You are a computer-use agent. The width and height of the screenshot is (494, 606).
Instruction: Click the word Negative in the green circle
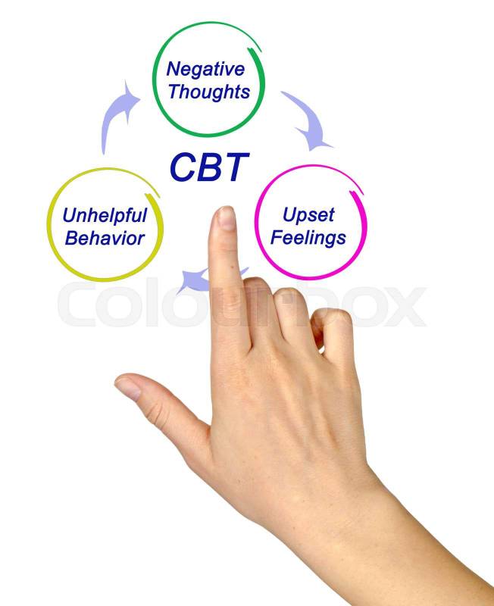tap(205, 69)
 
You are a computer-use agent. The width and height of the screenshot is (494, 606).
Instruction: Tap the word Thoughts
tap(208, 92)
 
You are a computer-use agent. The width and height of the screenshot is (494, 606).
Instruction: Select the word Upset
tap(308, 215)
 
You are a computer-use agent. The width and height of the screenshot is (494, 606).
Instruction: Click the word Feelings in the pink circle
tap(309, 238)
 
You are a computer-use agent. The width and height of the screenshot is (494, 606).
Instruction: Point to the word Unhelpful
tap(105, 215)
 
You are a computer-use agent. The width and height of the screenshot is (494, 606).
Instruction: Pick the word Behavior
tap(105, 239)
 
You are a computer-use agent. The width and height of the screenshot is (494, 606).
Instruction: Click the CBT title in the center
tap(208, 167)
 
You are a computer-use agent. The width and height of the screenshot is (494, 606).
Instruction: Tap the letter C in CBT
tap(183, 167)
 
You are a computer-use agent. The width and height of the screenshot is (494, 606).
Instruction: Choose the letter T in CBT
tap(235, 167)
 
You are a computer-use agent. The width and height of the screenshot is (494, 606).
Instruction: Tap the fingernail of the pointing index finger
tap(226, 218)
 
